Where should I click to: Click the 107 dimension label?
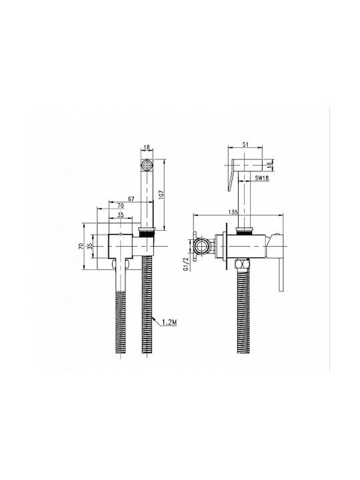tap(161, 195)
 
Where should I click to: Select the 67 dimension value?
tap(131, 199)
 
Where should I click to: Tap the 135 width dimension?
tap(234, 212)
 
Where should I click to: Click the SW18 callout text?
tap(263, 178)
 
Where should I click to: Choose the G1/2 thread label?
tap(185, 265)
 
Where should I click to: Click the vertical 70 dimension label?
tap(81, 247)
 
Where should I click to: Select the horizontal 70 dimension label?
tap(120, 205)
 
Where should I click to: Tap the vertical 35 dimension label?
tap(89, 247)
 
